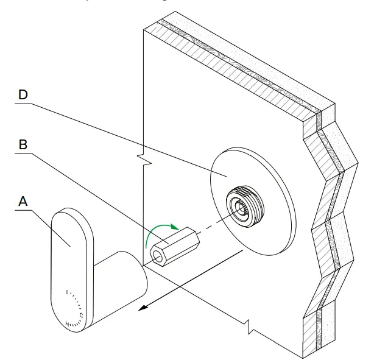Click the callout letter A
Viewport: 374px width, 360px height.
tap(23, 201)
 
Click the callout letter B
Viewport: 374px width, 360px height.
tap(23, 145)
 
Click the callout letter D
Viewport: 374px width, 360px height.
tap(23, 96)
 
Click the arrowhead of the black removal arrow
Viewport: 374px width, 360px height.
tap(141, 308)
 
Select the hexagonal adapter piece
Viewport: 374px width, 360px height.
tap(177, 246)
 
